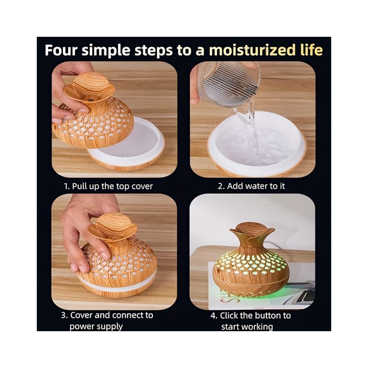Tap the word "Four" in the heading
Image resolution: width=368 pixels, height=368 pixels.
click(61, 50)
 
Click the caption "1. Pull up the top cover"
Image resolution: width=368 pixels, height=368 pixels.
click(109, 186)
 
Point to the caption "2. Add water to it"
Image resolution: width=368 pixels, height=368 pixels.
click(251, 186)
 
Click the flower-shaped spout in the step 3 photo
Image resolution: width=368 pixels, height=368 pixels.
click(112, 227)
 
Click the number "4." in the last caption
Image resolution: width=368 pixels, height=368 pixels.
click(214, 316)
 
